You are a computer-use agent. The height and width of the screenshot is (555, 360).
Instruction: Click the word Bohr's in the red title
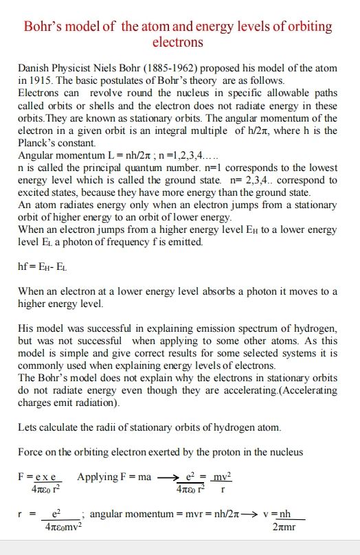(x=47, y=27)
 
